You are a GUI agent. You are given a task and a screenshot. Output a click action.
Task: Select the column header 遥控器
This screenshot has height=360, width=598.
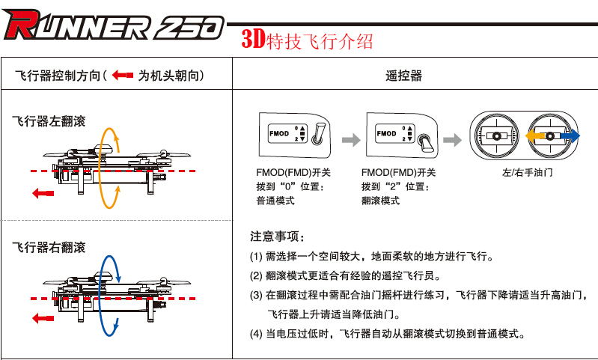404,76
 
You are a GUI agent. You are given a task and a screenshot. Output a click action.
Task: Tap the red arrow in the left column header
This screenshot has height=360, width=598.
121,76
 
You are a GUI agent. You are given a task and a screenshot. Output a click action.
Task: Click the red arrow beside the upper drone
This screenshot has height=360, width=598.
44,193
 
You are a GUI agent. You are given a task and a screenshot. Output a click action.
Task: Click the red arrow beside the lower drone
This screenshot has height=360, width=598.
44,318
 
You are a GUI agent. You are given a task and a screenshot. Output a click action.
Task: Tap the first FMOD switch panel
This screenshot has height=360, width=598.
293,135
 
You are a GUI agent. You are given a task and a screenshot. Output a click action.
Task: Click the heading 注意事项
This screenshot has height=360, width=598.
277,237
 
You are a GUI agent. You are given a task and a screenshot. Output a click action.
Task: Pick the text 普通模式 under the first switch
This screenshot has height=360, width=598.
275,201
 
